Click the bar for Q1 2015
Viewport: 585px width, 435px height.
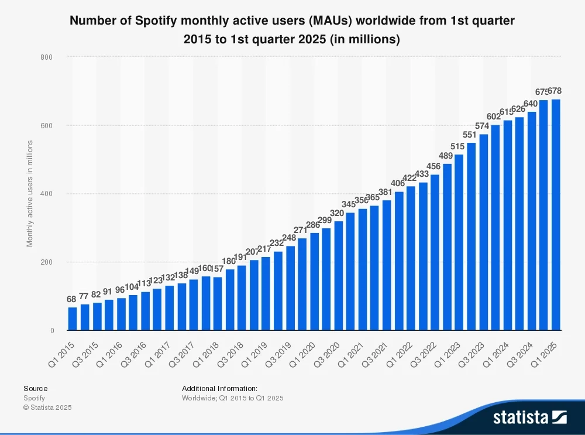[73, 318]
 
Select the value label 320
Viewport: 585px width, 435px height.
[338, 213]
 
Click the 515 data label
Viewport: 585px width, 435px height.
[459, 146]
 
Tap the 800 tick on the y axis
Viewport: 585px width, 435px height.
[47, 57]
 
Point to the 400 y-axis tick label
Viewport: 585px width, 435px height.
[47, 194]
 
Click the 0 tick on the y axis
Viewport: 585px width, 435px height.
[51, 331]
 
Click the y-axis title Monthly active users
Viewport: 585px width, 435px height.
[30, 194]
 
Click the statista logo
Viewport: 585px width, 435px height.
[529, 417]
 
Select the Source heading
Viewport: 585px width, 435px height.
[35, 388]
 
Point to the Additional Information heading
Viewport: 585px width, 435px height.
[219, 388]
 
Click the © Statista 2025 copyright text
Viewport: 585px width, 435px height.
[47, 407]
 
